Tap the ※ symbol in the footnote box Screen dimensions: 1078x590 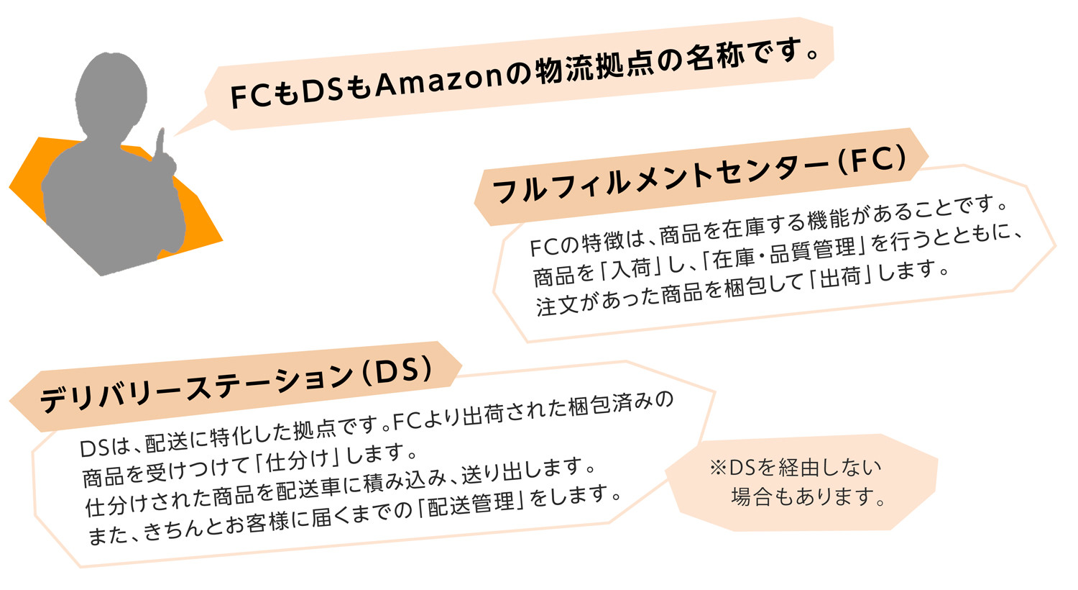click(717, 468)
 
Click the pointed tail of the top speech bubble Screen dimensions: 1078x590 click(174, 135)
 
